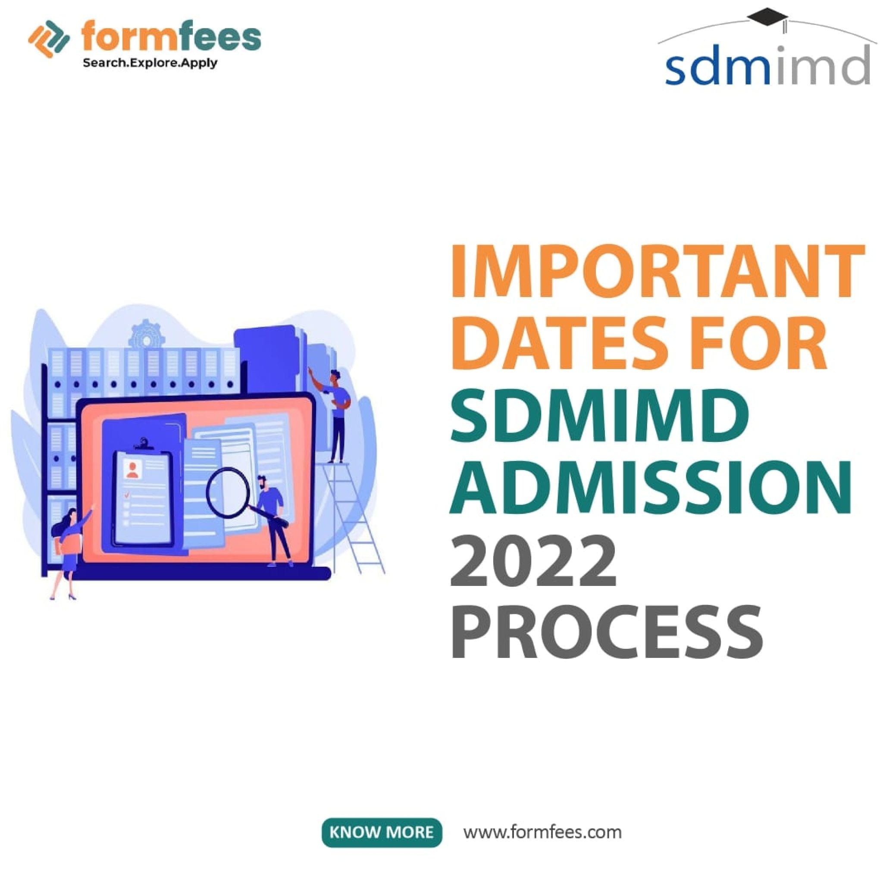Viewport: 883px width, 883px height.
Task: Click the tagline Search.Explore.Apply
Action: click(x=150, y=63)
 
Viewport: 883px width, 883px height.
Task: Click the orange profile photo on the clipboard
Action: click(x=133, y=469)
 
